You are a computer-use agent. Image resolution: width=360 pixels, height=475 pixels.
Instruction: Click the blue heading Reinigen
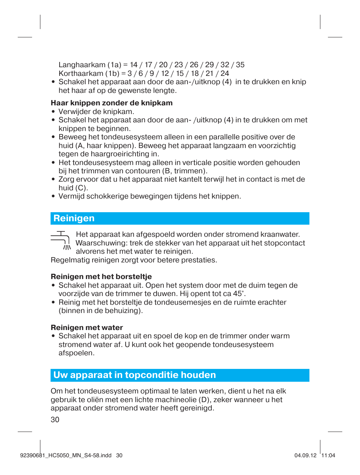(x=74, y=218)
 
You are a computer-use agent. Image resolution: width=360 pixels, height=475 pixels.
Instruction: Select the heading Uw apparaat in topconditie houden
(x=135, y=375)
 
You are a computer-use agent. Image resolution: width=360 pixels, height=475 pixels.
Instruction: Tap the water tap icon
(x=61, y=241)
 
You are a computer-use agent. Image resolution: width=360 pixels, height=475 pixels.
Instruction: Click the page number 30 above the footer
(x=55, y=419)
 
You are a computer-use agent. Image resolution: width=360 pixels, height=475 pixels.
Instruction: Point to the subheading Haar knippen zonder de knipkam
(x=112, y=103)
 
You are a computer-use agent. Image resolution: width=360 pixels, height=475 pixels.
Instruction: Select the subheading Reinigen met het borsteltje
(x=101, y=276)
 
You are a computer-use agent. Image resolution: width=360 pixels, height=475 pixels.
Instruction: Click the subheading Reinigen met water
(x=87, y=327)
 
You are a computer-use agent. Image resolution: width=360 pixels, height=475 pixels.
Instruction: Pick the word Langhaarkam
(x=82, y=65)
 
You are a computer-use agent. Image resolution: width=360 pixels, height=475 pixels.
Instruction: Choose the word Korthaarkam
(x=81, y=73)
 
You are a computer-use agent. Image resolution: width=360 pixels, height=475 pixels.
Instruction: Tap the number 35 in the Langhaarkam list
(x=240, y=65)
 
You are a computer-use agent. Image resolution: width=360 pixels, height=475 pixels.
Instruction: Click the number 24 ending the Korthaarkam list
(x=225, y=73)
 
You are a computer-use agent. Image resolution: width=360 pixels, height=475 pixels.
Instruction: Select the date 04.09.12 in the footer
(x=305, y=455)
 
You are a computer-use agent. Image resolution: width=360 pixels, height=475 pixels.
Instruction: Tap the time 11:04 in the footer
(x=328, y=455)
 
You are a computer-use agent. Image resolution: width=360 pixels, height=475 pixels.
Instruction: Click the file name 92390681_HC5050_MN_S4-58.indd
(x=66, y=455)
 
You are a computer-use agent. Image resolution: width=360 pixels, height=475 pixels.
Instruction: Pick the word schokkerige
(x=107, y=196)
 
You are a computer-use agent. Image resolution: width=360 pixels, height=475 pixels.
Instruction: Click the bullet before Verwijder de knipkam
(x=54, y=111)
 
